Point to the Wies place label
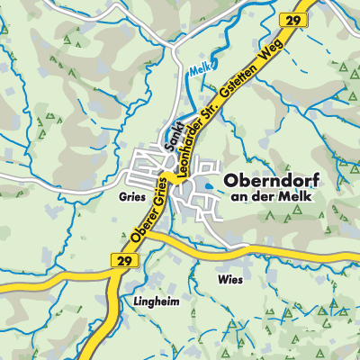click(229, 280)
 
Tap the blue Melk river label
click(200, 69)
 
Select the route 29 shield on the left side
click(125, 259)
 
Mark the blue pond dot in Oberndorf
click(209, 186)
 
